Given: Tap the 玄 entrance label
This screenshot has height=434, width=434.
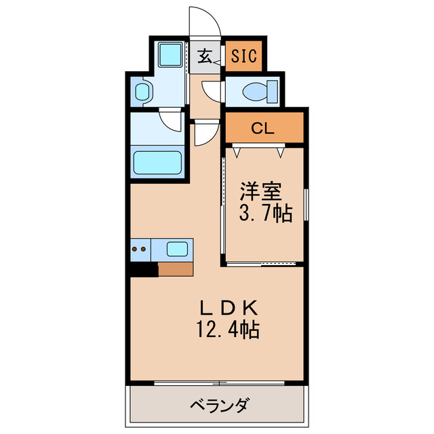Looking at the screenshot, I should point(205,56).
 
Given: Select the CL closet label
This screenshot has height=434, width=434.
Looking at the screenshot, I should point(263,128).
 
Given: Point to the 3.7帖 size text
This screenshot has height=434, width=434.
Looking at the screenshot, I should point(264,214).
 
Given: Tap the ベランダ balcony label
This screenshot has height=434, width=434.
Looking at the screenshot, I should point(218,407).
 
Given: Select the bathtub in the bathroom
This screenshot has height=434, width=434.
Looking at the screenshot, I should point(157,163).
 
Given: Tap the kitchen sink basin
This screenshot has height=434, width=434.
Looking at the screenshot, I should point(177,250).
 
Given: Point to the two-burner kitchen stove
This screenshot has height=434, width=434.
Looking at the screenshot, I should point(140,250).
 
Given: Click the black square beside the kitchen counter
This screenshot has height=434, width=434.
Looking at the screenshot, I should point(144,269).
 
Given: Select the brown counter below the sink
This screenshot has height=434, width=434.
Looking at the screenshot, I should point(176,269).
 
